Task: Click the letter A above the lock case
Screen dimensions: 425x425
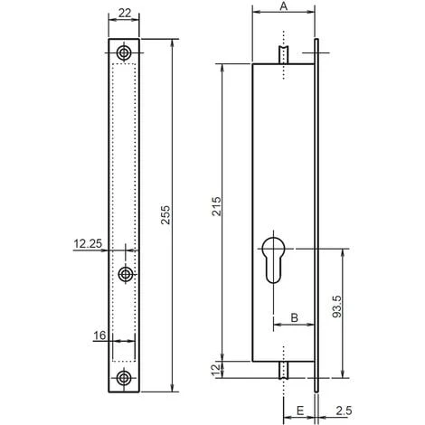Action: pyautogui.click(x=283, y=7)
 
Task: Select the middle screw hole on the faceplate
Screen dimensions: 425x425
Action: pyautogui.click(x=124, y=274)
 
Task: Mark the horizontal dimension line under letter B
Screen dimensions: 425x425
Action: pyautogui.click(x=295, y=326)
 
